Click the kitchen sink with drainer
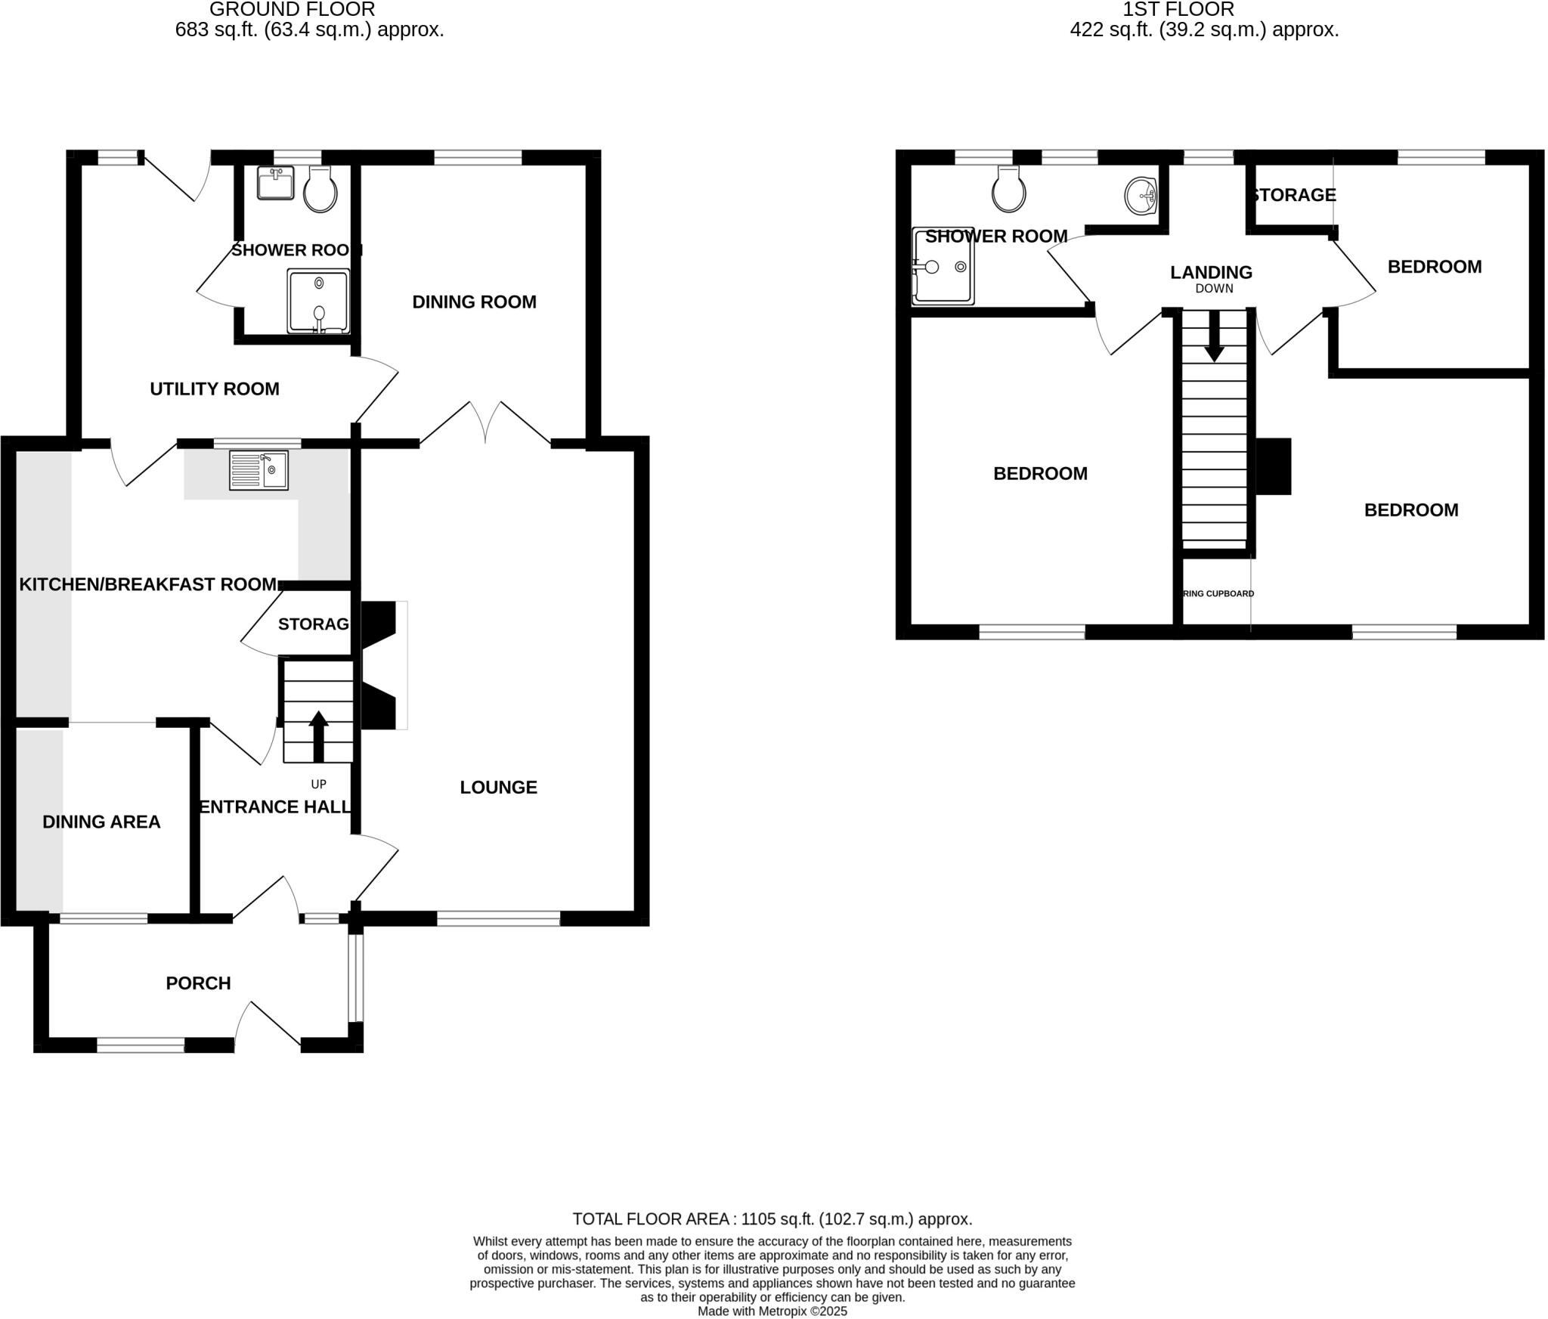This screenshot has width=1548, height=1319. pos(259,469)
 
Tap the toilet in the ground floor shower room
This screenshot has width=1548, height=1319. pos(320,191)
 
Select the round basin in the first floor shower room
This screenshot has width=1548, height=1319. pos(1140,196)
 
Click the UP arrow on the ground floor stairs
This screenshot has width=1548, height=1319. pos(318,735)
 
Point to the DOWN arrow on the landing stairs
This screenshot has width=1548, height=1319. pos(1214,336)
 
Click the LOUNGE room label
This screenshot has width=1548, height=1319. pos(498,787)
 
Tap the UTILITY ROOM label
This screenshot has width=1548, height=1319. pos(215,389)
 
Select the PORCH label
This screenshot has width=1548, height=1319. pos(198,983)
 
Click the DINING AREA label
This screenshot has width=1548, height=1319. pos(101,822)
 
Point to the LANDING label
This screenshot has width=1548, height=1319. pos(1211,272)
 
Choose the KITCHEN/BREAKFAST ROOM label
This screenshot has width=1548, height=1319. pos(147,584)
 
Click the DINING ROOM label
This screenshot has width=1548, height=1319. pos(474,302)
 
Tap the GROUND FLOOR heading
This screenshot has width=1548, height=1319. pos(292,10)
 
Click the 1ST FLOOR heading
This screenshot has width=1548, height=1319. pos(1178,10)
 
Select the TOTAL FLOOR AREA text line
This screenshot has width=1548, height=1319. pos(772,1218)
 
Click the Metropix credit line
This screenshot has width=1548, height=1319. pos(772,1311)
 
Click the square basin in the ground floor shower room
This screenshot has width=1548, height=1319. pos(275,183)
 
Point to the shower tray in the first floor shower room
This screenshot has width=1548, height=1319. pos(943,266)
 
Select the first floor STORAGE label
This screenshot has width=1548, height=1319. pos(1293,195)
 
